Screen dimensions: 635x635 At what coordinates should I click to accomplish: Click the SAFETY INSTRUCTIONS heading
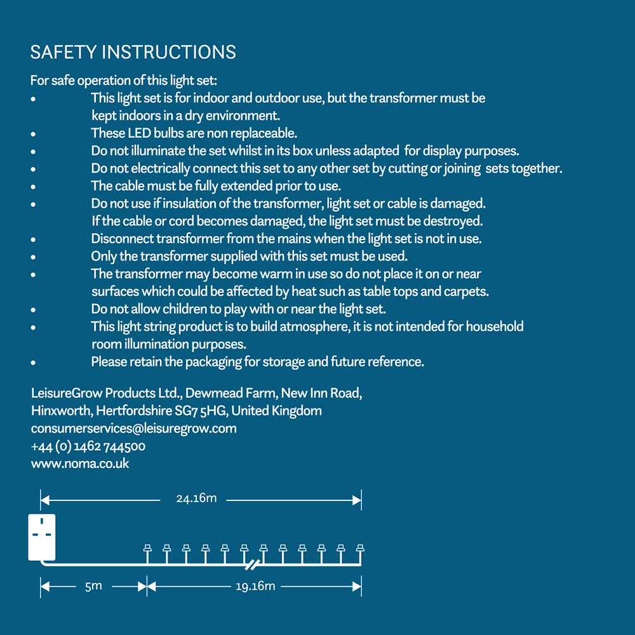(133, 52)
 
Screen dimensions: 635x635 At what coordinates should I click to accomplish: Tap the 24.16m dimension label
(196, 498)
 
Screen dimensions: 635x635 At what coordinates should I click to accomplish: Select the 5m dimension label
(93, 586)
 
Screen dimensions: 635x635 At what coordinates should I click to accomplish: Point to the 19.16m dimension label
(255, 586)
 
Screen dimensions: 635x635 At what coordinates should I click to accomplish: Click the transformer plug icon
(42, 537)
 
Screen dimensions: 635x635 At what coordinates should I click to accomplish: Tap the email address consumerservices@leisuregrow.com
(133, 429)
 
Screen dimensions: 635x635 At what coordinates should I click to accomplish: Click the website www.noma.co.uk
(80, 464)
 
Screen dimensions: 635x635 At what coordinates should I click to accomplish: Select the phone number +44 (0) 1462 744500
(88, 446)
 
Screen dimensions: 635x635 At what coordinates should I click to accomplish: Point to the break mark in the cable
(252, 563)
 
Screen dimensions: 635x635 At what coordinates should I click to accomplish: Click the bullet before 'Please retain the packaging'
(33, 363)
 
